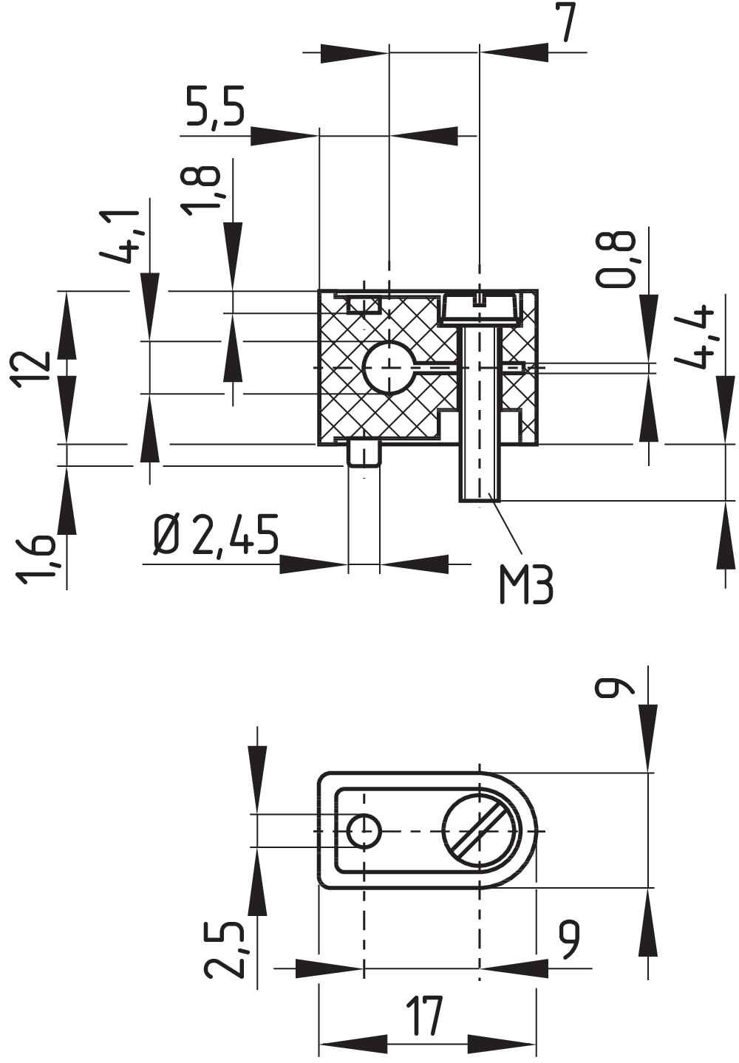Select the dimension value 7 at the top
pos(565,24)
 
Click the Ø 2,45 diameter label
pos(216,536)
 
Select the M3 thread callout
pos(525,585)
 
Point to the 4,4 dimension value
pos(696,335)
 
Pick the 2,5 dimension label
pos(225,949)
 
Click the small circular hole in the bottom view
pos(364,831)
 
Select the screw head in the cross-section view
pos(480,307)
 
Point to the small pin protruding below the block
pos(364,454)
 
